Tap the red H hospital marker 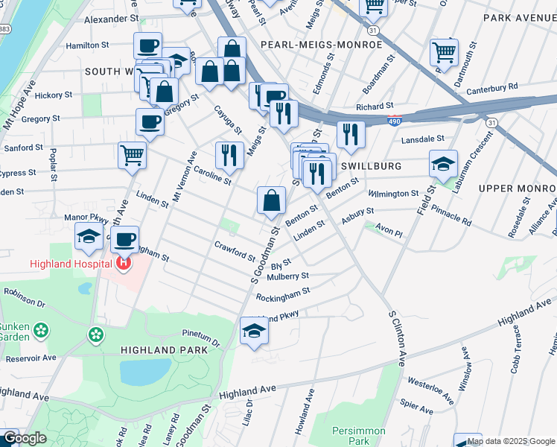pos(123,263)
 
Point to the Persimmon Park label pos(359,436)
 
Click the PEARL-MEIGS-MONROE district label pos(322,45)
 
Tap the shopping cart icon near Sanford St pos(132,155)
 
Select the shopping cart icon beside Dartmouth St pos(444,51)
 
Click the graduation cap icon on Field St pos(443,164)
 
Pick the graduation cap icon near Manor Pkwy pos(89,237)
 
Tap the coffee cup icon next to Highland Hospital pos(125,238)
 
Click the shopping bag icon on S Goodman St pos(272,199)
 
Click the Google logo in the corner pos(24,438)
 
